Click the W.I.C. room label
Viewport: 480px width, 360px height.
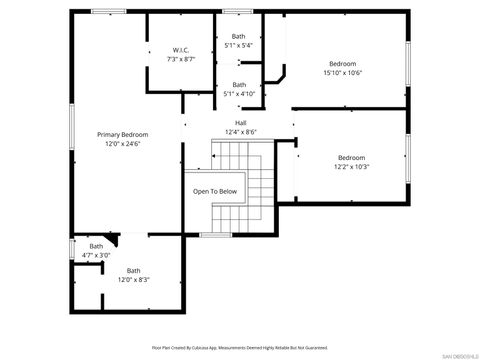click(x=181, y=50)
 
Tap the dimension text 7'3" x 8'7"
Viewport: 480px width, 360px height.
click(x=181, y=59)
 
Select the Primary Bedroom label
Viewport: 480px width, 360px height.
click(x=123, y=134)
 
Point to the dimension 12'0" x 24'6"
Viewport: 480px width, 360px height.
click(x=123, y=143)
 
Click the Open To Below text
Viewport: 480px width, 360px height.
click(x=215, y=191)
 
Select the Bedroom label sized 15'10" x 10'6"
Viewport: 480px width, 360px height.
click(x=343, y=63)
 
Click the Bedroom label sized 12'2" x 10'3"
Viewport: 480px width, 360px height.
click(x=351, y=157)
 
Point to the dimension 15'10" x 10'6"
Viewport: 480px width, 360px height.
click(x=343, y=72)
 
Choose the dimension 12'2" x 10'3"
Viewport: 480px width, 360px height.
click(x=351, y=166)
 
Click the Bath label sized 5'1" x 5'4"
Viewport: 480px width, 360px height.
click(x=238, y=36)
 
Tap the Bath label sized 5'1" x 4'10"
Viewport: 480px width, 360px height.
click(x=238, y=85)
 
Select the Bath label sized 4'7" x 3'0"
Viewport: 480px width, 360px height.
click(x=96, y=246)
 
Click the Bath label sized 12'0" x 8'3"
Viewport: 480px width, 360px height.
click(x=133, y=270)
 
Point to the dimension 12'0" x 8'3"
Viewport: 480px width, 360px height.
click(x=133, y=279)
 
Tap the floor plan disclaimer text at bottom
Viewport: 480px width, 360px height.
click(x=240, y=347)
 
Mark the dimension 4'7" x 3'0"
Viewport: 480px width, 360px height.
click(x=96, y=255)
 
